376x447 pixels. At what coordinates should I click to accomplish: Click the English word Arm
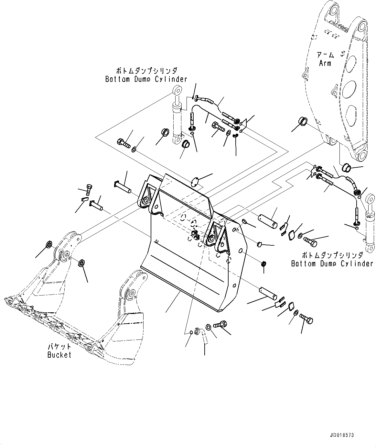click(325, 63)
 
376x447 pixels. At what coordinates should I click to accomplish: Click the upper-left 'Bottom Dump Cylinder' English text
click(146, 79)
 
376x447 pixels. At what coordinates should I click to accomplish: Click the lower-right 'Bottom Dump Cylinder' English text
click(332, 264)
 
